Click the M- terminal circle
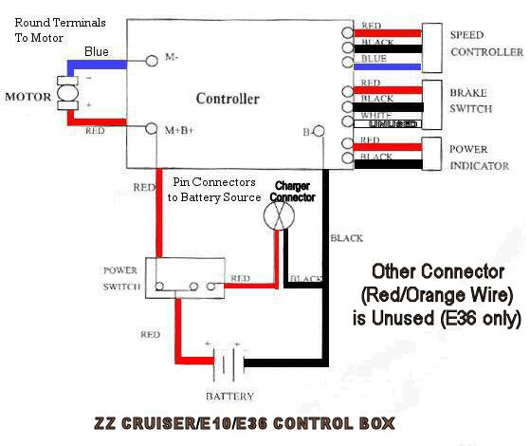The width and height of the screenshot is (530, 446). pyautogui.click(x=152, y=61)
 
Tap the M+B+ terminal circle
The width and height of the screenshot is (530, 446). pyautogui.click(x=151, y=128)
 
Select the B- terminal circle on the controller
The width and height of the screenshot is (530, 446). pyautogui.click(x=319, y=131)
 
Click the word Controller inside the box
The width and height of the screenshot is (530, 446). pyautogui.click(x=228, y=99)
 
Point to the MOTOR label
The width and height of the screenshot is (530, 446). pyautogui.click(x=27, y=97)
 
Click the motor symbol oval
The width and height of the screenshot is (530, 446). pyautogui.click(x=67, y=93)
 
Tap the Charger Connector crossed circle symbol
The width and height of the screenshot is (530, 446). pyautogui.click(x=279, y=216)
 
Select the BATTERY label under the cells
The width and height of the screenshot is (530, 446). pyautogui.click(x=229, y=396)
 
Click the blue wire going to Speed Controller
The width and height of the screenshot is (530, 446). pyautogui.click(x=388, y=66)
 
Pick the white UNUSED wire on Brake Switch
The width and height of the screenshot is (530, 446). pyautogui.click(x=388, y=124)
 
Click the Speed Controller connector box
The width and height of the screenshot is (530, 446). pyautogui.click(x=432, y=47)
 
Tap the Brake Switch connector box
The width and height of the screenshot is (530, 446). pyautogui.click(x=432, y=105)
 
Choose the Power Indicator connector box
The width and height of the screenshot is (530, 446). pyautogui.click(x=431, y=154)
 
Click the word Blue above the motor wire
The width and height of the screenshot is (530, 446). pyautogui.click(x=97, y=51)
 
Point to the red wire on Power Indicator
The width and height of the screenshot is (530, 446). pyautogui.click(x=388, y=147)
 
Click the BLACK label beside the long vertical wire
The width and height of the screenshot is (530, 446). pyautogui.click(x=346, y=238)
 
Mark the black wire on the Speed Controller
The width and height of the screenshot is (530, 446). pyautogui.click(x=388, y=49)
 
